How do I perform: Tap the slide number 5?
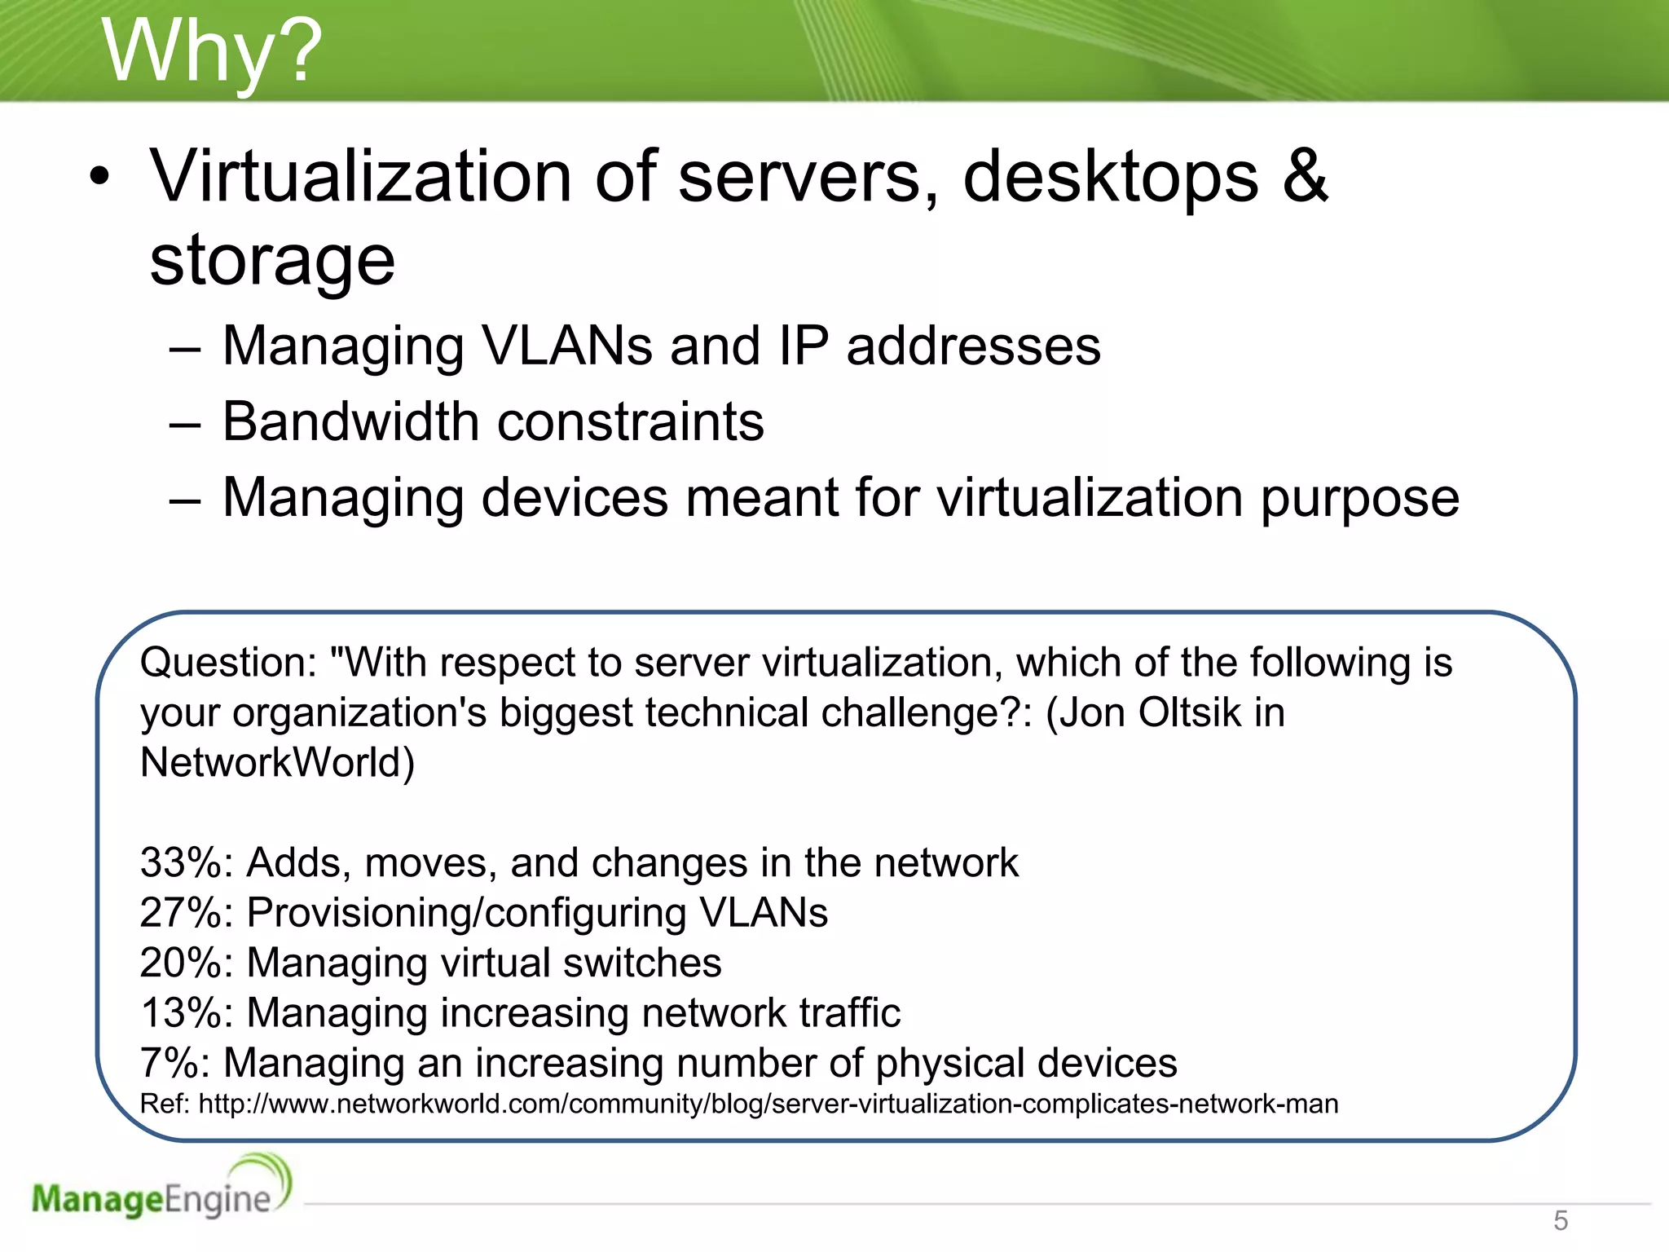coord(1560,1220)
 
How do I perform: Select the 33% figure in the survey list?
coord(186,862)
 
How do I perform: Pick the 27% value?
coord(186,912)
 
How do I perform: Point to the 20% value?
coord(186,963)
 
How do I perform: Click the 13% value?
coord(186,1013)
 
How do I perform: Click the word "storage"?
coord(272,261)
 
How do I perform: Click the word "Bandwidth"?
coord(350,421)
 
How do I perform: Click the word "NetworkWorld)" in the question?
coord(277,763)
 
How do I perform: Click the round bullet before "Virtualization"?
coord(99,177)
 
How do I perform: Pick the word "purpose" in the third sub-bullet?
coord(1360,499)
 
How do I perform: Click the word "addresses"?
coord(973,346)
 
